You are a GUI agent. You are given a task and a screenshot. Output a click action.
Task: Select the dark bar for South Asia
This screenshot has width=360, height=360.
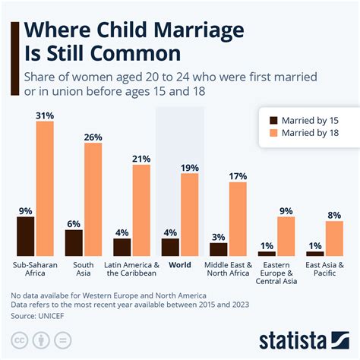tap(74, 242)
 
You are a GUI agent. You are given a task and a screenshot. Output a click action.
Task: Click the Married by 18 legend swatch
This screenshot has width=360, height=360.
tap(276, 134)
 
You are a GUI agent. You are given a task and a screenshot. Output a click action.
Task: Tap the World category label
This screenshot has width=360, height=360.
tap(180, 265)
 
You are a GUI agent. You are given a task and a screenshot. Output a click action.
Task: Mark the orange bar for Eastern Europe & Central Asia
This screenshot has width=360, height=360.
tap(286, 236)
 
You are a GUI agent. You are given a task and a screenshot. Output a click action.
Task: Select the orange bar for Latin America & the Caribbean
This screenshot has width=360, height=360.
tap(142, 210)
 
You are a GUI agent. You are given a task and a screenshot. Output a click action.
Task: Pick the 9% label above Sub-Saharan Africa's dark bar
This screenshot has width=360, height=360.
tap(25, 209)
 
